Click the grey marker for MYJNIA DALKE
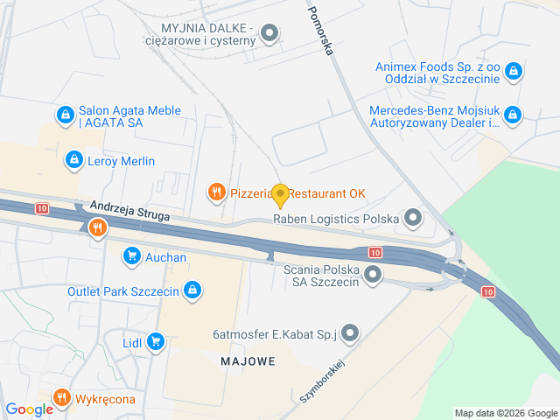270,34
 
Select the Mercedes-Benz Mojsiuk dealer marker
514,115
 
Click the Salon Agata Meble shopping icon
64,115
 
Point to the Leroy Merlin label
121,161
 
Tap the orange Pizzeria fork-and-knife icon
216,192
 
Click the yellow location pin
280,193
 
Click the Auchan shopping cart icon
132,256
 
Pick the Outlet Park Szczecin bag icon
194,290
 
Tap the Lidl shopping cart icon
156,340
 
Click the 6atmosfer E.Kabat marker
350,332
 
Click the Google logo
28,409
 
